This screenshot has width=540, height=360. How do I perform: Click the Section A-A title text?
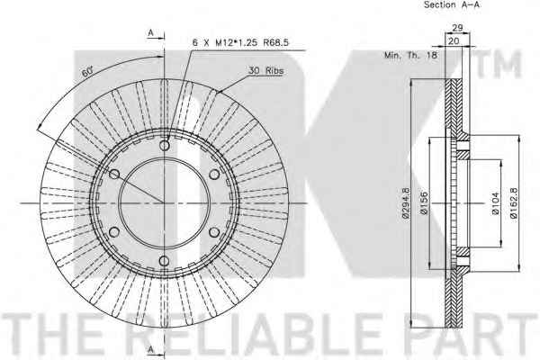tap(452, 4)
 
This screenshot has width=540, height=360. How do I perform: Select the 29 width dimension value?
tap(457, 28)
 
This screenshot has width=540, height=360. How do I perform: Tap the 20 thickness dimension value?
tap(454, 41)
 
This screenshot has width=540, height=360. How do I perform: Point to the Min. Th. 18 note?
tap(411, 55)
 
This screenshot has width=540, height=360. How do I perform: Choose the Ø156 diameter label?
tap(424, 203)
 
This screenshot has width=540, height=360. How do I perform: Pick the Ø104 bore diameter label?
tap(496, 203)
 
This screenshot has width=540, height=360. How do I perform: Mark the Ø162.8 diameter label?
tap(514, 202)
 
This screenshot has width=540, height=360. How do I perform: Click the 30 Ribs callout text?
tap(266, 70)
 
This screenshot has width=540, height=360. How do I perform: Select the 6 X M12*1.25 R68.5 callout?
tap(240, 42)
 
